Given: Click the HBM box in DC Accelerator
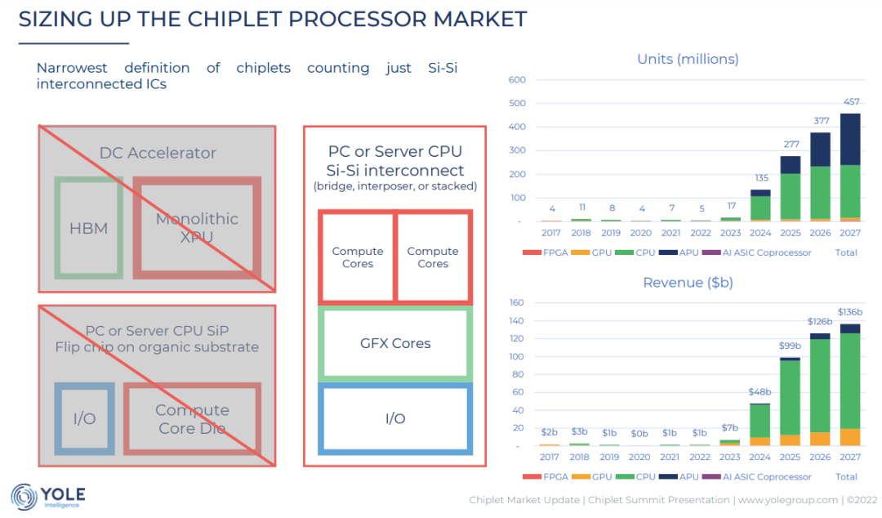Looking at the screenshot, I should pos(89,228).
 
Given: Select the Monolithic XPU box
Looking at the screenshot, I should pos(197,226).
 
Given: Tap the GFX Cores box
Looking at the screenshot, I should pos(395,343).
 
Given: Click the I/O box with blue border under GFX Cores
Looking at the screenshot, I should pos(395,418).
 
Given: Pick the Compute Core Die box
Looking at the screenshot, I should pos(192,418).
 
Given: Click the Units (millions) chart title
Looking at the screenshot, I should pos(688,59).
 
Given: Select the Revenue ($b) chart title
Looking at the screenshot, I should pos(688,283).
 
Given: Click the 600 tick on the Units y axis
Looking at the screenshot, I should pos(516,80).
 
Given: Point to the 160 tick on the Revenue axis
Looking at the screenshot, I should pos(516,302).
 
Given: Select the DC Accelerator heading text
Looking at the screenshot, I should pos(158,153).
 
